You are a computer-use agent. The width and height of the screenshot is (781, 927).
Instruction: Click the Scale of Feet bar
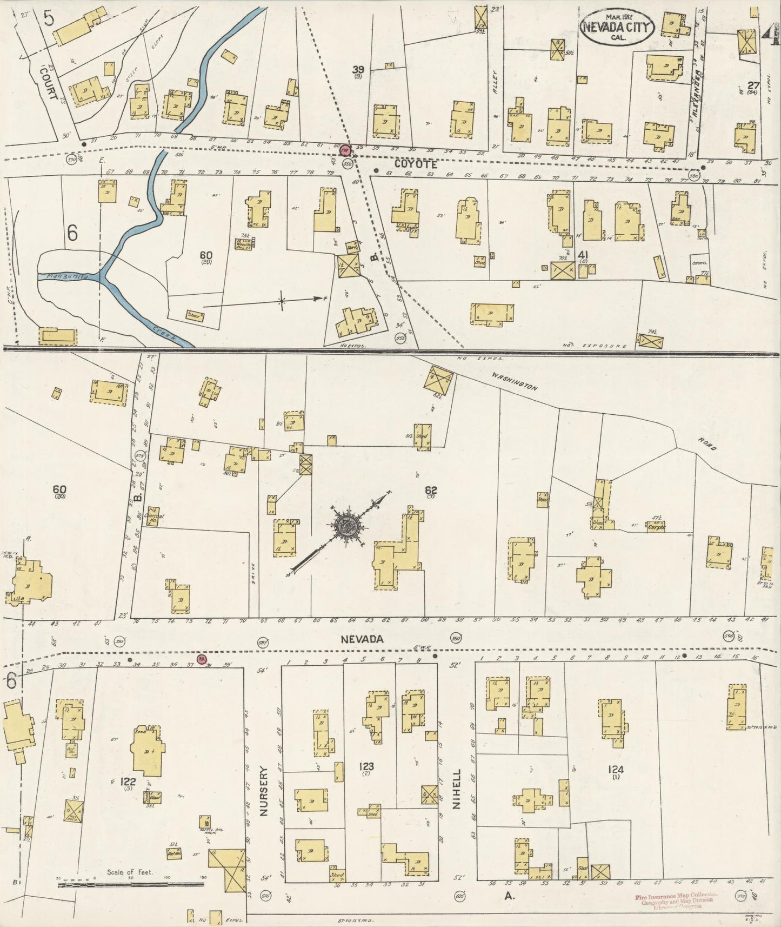pyautogui.click(x=130, y=885)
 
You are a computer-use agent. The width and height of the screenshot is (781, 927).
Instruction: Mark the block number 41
pyautogui.click(x=583, y=254)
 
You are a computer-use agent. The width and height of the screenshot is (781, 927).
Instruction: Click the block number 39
pyautogui.click(x=357, y=69)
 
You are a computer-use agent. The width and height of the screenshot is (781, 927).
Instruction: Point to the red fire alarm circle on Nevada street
pyautogui.click(x=202, y=659)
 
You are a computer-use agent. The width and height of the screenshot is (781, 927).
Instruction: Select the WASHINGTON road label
pyautogui.click(x=514, y=380)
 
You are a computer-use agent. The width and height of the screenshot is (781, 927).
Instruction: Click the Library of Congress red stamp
pyautogui.click(x=676, y=901)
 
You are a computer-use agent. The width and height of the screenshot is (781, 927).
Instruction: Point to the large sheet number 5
pyautogui.click(x=49, y=21)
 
